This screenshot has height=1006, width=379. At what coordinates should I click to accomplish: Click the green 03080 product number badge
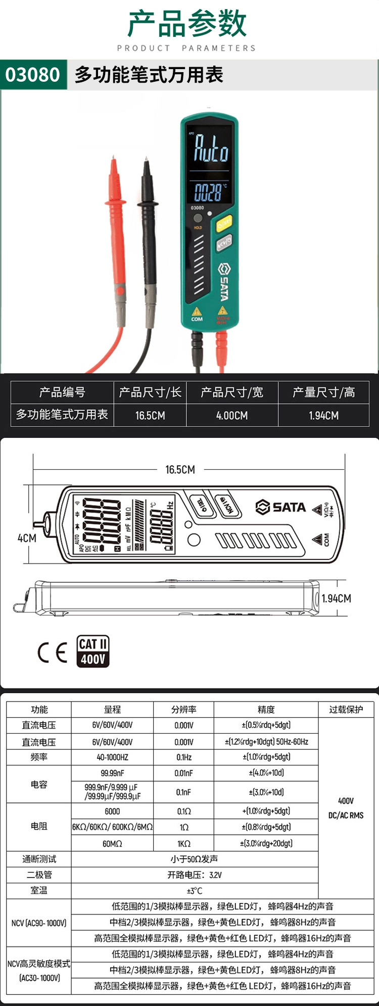tap(33, 75)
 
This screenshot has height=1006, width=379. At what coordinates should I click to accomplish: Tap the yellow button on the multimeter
tap(224, 223)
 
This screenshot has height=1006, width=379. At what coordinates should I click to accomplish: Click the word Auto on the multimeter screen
tap(211, 148)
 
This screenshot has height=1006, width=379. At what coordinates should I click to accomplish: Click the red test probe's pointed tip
tap(114, 158)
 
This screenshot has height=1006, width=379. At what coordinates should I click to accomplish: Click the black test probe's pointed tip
tap(147, 159)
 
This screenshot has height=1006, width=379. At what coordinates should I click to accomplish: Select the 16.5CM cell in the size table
tap(150, 415)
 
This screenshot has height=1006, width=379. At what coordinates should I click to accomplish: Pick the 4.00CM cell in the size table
tap(232, 415)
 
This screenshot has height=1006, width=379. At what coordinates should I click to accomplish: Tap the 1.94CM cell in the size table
tap(324, 415)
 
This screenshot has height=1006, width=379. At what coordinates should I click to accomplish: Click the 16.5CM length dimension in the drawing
tap(180, 470)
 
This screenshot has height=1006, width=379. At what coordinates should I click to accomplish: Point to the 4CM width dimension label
tap(27, 538)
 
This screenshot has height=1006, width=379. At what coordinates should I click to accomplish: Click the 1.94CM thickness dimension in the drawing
tap(337, 598)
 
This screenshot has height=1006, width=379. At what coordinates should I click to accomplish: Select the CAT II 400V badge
tap(93, 651)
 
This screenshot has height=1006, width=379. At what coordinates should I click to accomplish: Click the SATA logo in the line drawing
tap(281, 507)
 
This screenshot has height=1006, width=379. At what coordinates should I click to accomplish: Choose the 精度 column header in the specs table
tap(266, 709)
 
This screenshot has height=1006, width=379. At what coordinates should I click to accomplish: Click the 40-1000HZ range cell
tap(112, 757)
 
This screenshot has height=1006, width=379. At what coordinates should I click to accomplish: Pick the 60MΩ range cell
tap(112, 844)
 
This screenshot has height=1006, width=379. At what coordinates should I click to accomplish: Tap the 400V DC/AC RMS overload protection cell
tap(346, 808)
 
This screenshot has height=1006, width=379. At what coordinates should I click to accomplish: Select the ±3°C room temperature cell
tap(195, 890)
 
